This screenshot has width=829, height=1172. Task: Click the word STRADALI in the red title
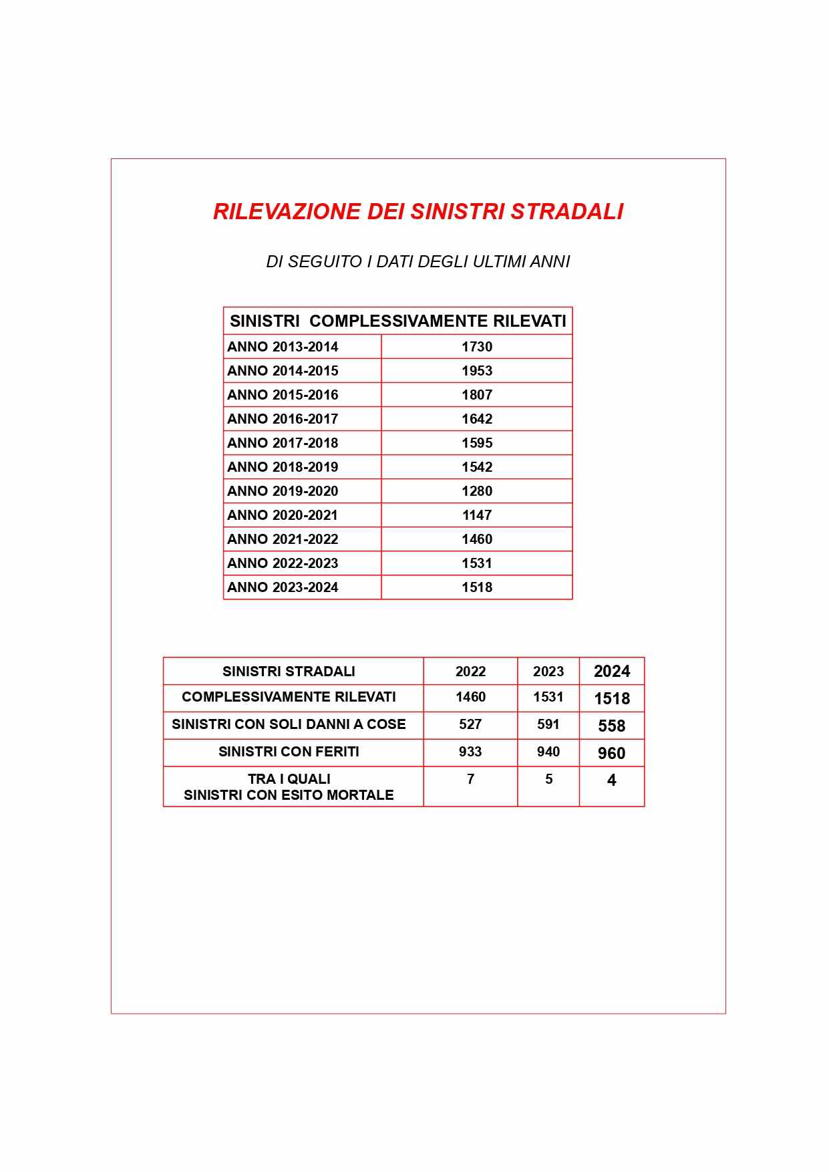click(x=566, y=211)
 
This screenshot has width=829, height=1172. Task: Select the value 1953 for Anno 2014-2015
click(x=477, y=371)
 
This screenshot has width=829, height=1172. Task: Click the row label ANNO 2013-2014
click(x=283, y=347)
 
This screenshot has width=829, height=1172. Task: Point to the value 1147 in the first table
click(x=477, y=515)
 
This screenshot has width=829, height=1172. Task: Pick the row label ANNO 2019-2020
click(x=283, y=491)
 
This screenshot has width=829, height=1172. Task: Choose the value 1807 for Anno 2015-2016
click(x=477, y=395)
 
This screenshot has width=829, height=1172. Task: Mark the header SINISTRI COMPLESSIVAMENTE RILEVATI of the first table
click(x=398, y=321)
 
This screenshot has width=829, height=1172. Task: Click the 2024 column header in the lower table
click(x=612, y=672)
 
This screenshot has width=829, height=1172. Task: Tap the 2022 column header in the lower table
click(x=470, y=672)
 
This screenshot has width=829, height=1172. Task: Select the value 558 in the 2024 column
click(x=612, y=726)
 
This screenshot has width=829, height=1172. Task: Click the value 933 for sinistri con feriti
click(x=470, y=752)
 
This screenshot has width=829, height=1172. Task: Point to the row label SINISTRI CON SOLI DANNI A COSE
click(x=289, y=724)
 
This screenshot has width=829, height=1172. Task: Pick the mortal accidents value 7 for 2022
click(x=470, y=779)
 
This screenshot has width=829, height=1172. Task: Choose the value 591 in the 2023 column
click(x=548, y=724)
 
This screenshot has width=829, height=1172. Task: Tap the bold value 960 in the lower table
click(x=612, y=753)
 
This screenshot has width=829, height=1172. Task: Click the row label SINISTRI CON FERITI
click(x=289, y=752)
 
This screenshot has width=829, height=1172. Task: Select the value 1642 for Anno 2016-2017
click(x=477, y=419)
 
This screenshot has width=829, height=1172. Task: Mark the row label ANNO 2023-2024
click(x=283, y=587)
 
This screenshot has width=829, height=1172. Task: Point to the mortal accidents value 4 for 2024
click(x=612, y=780)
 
